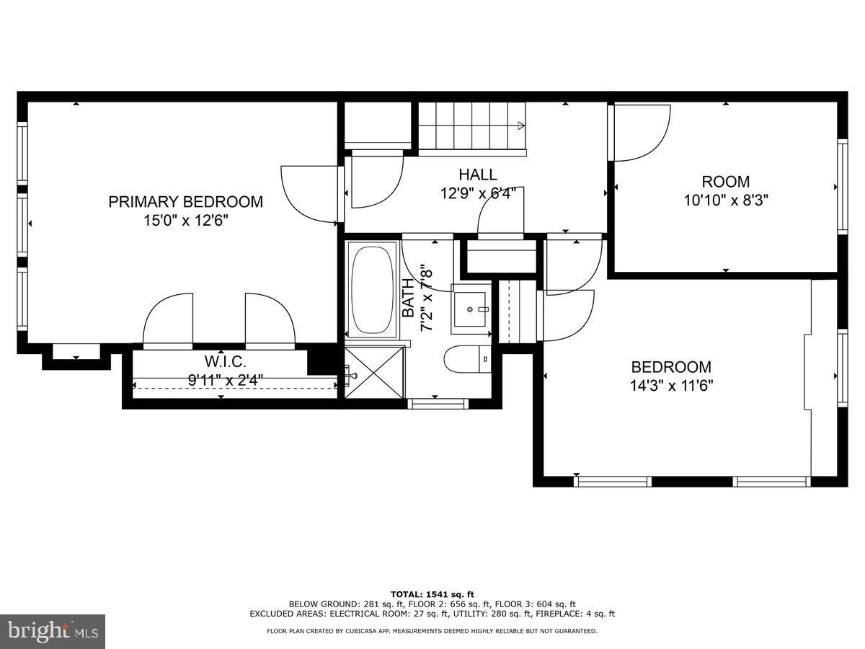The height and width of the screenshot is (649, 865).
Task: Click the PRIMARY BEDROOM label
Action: (x=185, y=202)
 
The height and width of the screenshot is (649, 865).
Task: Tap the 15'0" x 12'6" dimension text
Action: (x=185, y=221)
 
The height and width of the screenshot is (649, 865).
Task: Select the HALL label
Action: (x=477, y=175)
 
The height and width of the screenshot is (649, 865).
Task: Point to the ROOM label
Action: (x=726, y=182)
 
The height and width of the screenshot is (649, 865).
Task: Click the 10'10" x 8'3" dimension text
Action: (x=726, y=200)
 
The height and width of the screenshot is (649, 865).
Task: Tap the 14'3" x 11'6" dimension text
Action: (x=671, y=385)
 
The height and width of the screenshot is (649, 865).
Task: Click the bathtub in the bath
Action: (x=373, y=289)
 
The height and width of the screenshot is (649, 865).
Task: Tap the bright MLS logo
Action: (x=53, y=631)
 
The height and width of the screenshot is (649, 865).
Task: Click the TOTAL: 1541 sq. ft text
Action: (x=432, y=593)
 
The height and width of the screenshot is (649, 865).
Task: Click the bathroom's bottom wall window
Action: (x=438, y=404)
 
